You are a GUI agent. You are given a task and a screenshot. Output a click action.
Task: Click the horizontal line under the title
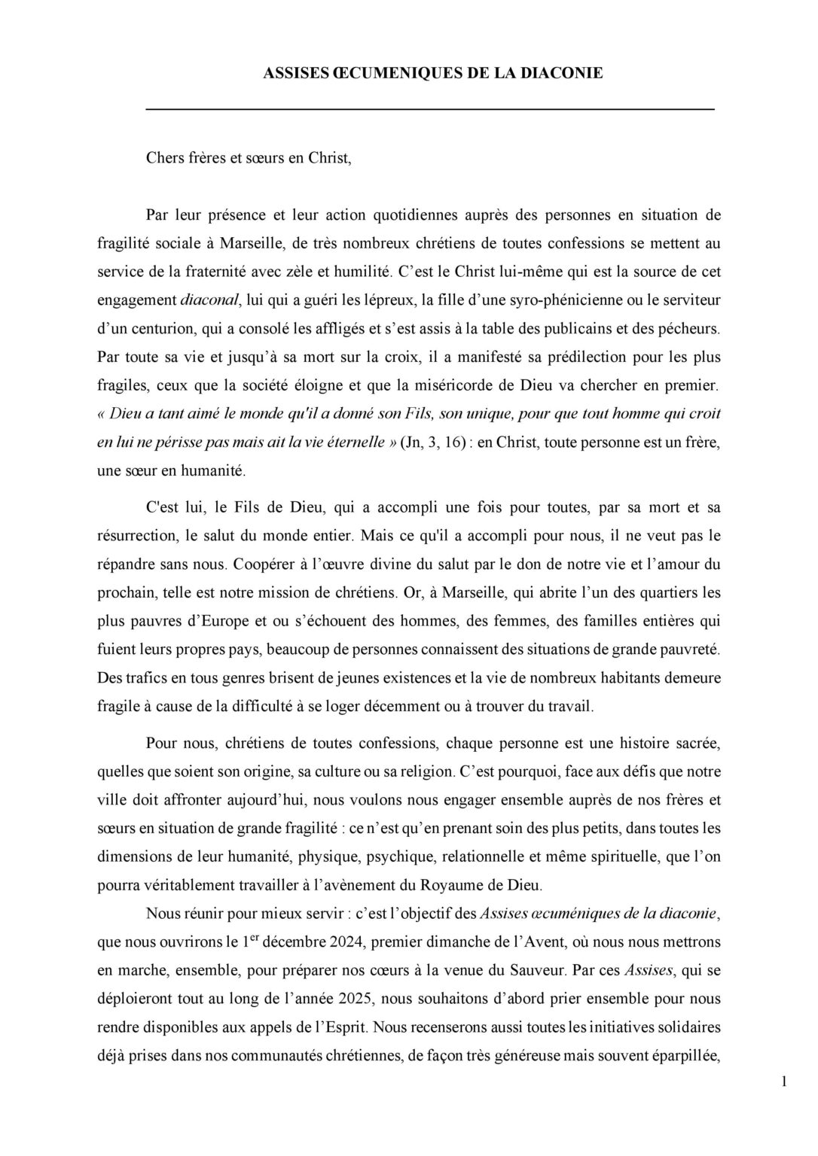[429, 110]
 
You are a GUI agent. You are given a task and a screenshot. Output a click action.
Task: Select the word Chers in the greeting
[164, 160]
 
